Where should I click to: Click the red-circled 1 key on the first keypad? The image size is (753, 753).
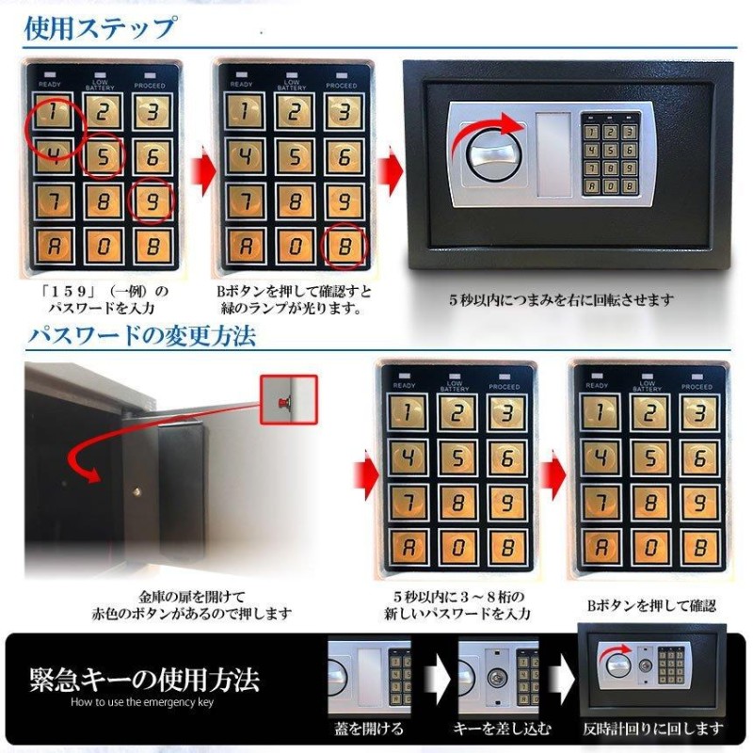53,111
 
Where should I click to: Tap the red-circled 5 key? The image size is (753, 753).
103,156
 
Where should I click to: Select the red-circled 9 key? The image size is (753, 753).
152,201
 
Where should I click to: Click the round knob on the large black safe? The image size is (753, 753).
491,154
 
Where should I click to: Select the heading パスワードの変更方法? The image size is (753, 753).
141,336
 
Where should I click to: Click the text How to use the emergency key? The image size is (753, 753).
142,702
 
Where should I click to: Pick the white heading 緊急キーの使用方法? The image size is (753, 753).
144,679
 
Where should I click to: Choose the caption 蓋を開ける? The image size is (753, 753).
369,729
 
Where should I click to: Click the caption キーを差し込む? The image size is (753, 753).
502,729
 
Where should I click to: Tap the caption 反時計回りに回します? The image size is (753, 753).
652,729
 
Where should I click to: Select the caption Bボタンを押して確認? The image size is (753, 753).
651,605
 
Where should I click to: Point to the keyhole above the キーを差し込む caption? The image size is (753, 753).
498,678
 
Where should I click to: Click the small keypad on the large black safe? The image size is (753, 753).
610,154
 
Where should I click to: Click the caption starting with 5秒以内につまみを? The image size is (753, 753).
561,300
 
